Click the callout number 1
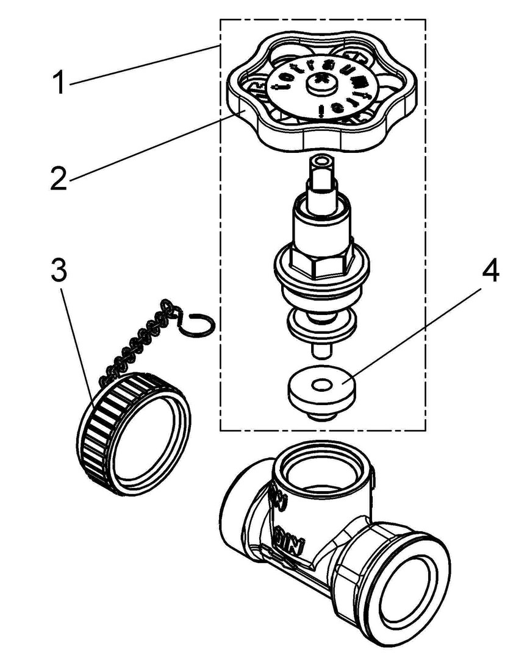tap(59, 83)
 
